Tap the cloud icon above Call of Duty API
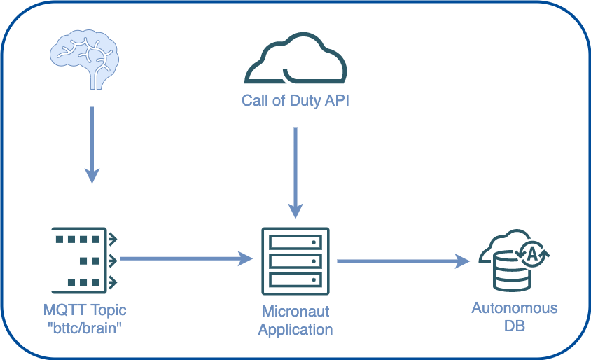click(x=295, y=61)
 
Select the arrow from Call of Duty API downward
click(x=296, y=172)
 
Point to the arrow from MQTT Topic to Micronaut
click(x=186, y=259)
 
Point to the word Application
click(x=295, y=329)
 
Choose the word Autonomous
click(x=515, y=308)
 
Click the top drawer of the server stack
click(x=295, y=243)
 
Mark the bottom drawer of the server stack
click(x=295, y=279)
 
